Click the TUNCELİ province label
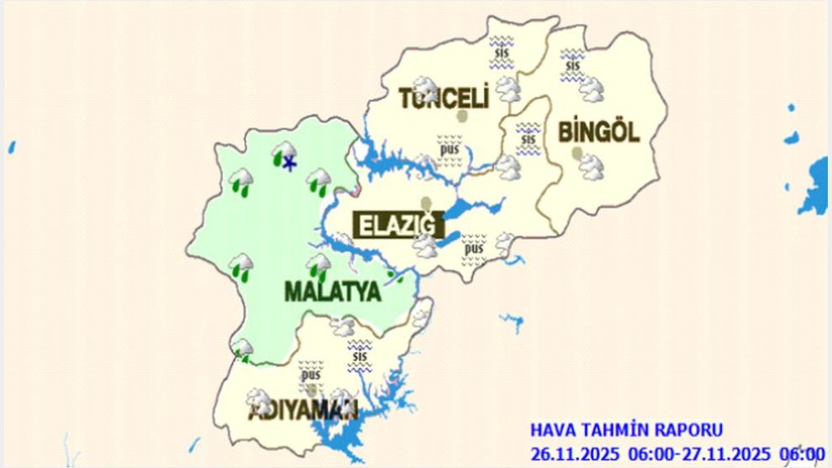(444, 98)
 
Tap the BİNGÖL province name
(598, 131)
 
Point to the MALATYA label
(333, 292)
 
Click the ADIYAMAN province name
(303, 412)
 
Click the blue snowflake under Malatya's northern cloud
(289, 164)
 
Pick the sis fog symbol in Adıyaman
(361, 355)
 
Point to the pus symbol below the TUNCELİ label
(450, 150)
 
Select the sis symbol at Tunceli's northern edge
(502, 51)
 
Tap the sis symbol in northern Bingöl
(572, 65)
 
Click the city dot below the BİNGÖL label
(577, 153)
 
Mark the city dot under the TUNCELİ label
(461, 116)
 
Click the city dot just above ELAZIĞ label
(427, 202)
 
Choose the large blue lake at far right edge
(815, 187)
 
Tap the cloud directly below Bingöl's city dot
(592, 167)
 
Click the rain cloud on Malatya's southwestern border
(243, 348)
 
